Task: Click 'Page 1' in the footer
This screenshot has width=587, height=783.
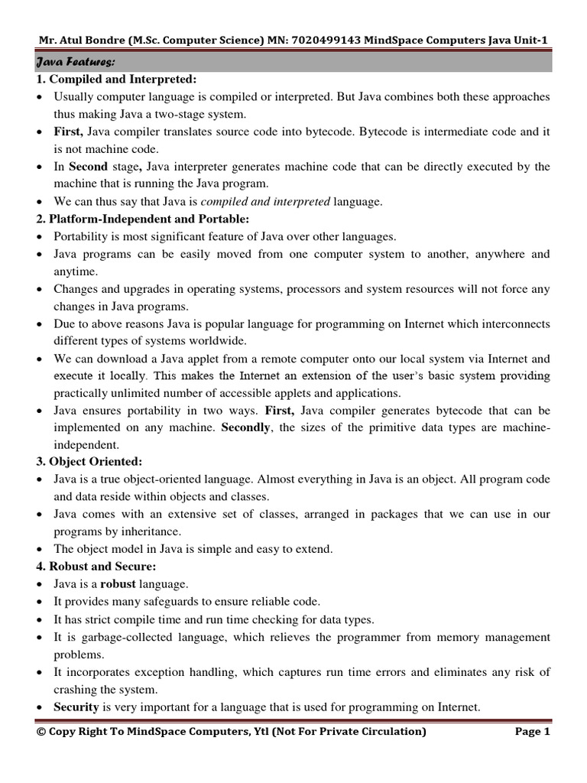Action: pyautogui.click(x=532, y=732)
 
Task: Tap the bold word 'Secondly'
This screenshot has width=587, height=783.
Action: pyautogui.click(x=245, y=427)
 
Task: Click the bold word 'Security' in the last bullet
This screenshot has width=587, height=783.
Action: pyautogui.click(x=76, y=707)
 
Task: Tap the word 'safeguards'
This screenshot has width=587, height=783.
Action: pyautogui.click(x=179, y=602)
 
